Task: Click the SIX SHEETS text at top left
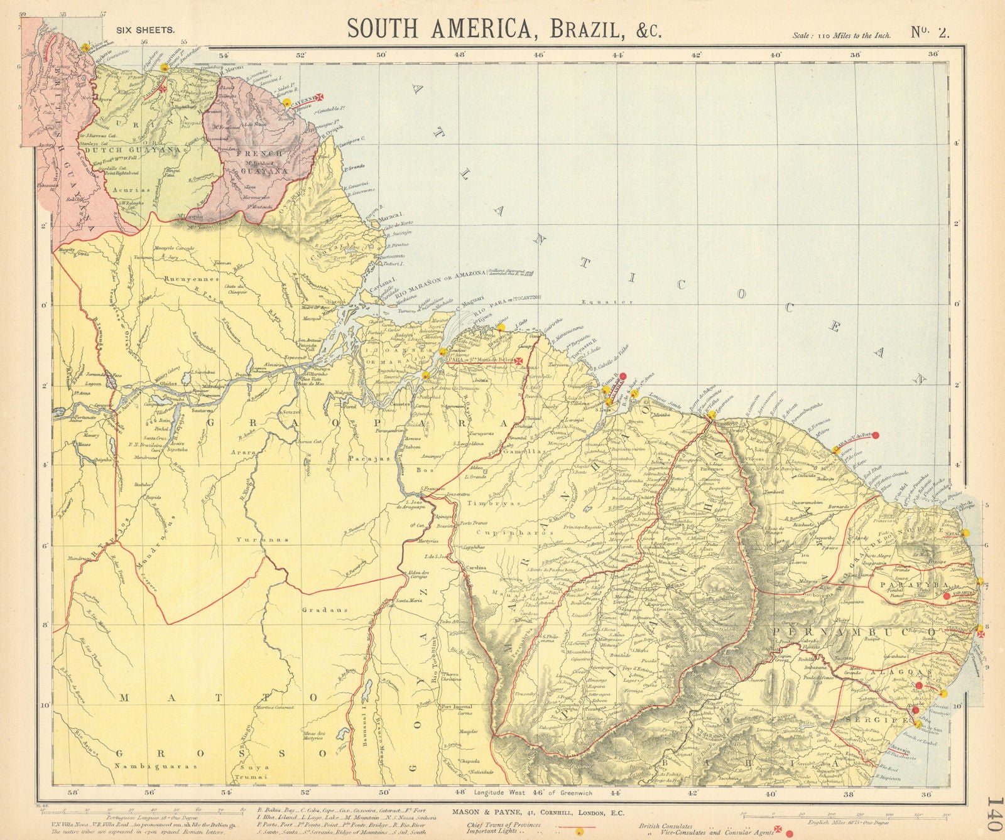145,29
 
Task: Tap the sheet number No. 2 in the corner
930,33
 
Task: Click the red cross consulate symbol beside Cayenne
319,97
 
